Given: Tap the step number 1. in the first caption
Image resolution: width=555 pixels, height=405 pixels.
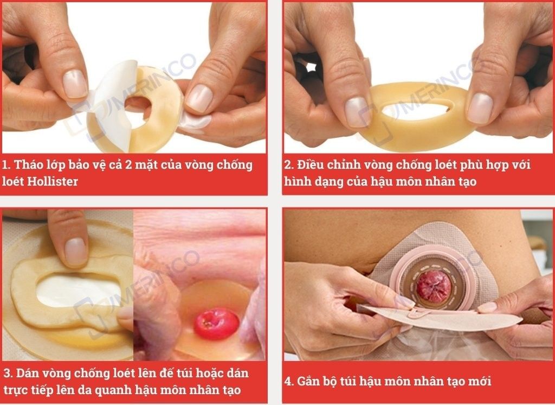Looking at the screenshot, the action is pos(7,164).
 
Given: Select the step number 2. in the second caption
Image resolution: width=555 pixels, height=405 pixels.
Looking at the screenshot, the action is pos(289,164).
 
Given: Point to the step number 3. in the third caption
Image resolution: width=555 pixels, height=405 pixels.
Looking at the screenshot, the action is pos(9,373).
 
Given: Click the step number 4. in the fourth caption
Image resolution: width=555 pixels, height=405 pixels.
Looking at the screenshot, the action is pos(289,381).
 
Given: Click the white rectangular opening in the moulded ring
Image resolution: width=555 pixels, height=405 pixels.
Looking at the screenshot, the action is pos(79,290).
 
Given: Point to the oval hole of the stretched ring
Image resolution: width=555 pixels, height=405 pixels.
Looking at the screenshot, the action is pos(416,112).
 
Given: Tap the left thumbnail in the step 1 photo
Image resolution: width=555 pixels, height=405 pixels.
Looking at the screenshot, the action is pos(75,84).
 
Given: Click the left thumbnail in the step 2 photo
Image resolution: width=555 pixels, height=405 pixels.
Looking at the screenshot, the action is pos(358,112).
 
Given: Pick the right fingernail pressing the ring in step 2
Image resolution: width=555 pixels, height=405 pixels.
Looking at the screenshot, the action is pos(480,109).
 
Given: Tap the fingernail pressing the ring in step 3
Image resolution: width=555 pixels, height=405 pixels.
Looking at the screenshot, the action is pos(76,252).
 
